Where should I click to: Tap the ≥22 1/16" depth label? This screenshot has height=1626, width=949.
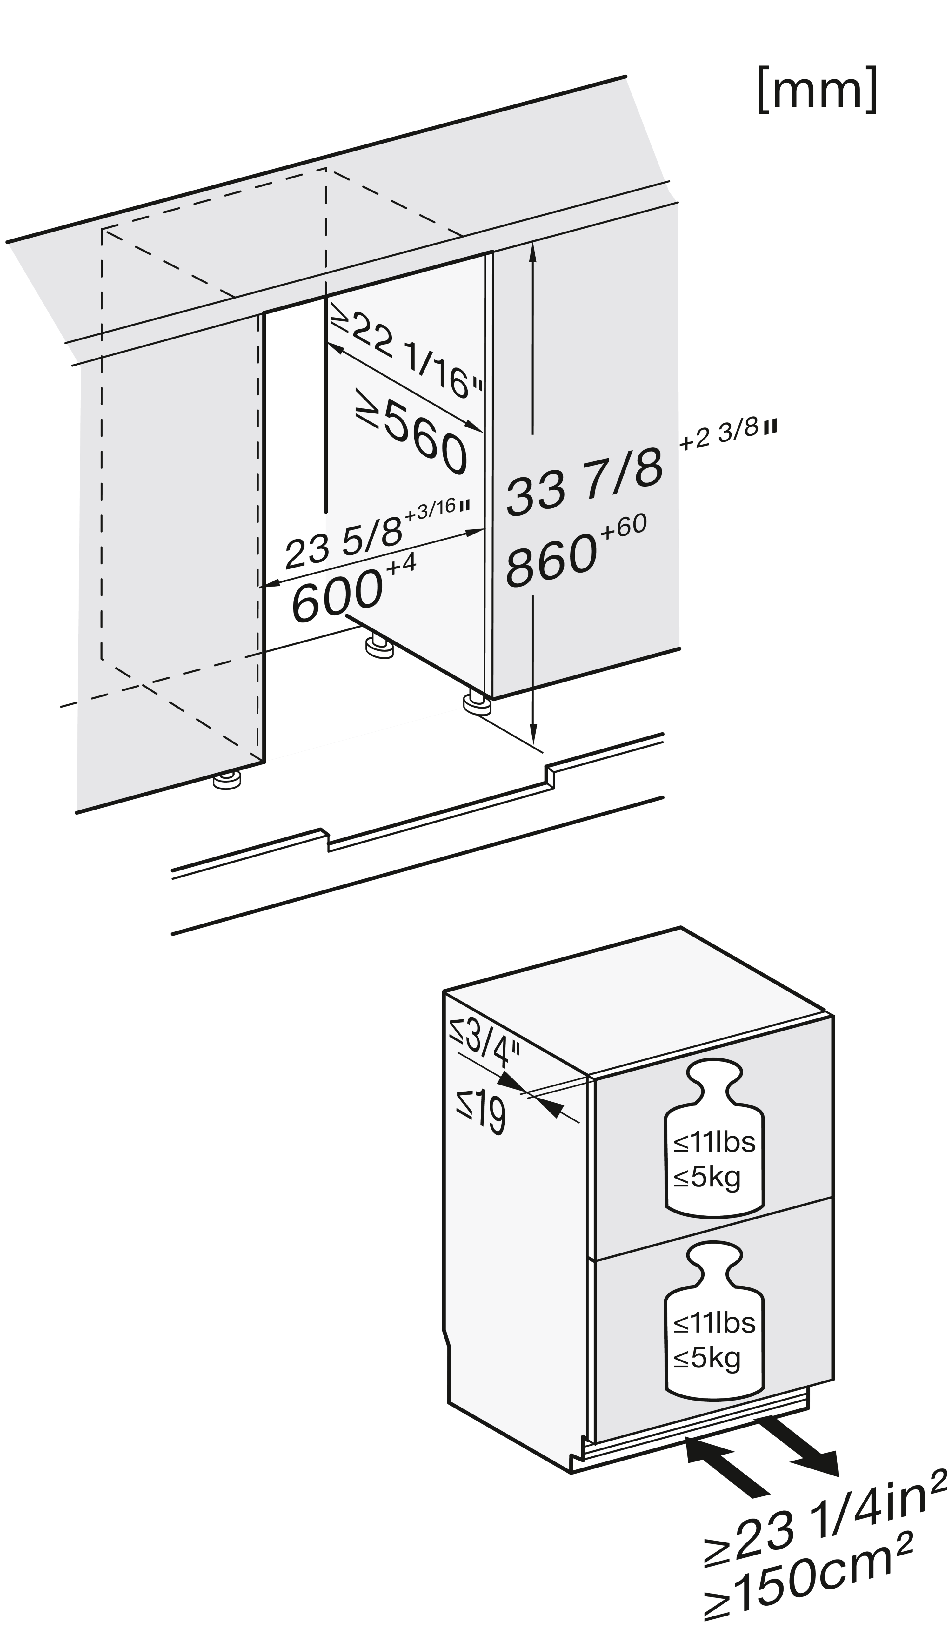tap(406, 358)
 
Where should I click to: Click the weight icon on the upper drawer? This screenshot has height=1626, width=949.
tap(713, 1138)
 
